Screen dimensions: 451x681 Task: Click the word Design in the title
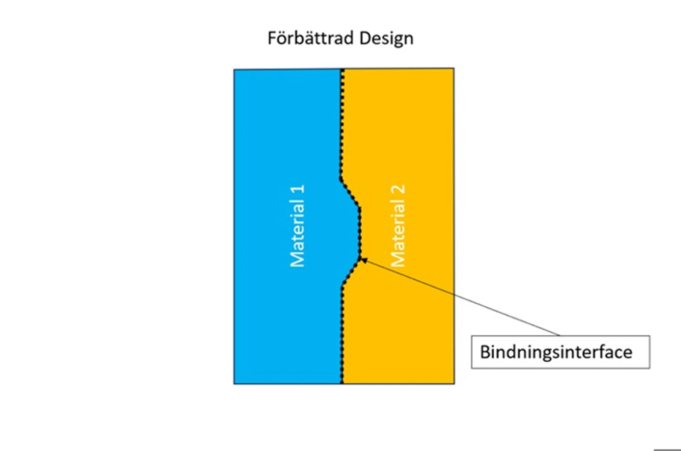(x=386, y=38)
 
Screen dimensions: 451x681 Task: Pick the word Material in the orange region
(x=398, y=237)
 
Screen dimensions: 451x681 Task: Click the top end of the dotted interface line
(x=342, y=70)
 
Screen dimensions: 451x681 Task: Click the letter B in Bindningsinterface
(x=485, y=352)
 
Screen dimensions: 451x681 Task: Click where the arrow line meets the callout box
(x=560, y=335)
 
